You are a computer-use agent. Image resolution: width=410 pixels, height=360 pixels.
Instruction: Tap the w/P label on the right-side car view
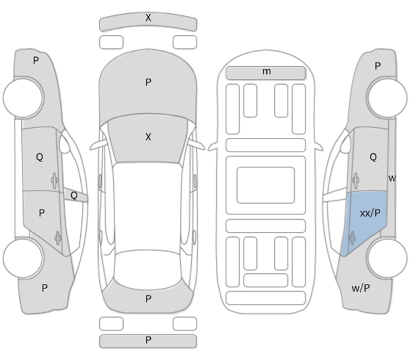tap(361, 288)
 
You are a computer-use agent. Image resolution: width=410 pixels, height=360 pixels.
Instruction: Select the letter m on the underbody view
tap(267, 71)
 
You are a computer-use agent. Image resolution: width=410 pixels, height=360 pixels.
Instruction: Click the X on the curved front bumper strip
tap(148, 18)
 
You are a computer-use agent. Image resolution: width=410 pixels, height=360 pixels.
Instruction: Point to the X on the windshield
tap(148, 137)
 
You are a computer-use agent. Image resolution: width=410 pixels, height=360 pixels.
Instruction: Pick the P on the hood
tap(148, 82)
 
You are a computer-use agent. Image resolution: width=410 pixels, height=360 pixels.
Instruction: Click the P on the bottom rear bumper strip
tap(148, 340)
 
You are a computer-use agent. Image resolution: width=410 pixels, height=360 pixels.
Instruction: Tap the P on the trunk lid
tap(148, 298)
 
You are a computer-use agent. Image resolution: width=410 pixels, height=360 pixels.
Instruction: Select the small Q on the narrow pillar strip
tap(74, 195)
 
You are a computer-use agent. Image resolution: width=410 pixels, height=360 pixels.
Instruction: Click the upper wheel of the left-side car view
tap(24, 98)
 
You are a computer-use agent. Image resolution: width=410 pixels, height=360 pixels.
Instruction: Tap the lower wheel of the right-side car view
tap(386, 258)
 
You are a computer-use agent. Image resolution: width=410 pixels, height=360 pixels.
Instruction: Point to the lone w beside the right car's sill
tap(392, 179)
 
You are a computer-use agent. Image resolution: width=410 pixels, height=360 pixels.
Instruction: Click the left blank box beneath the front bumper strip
tap(111, 42)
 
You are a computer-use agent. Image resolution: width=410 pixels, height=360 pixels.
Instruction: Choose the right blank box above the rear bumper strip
tap(184, 323)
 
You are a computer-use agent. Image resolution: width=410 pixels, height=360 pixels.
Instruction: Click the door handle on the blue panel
tap(352, 238)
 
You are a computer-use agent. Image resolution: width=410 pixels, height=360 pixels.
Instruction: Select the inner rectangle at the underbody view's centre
tap(266, 185)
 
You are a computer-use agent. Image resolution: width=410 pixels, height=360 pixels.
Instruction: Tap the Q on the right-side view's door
tap(373, 157)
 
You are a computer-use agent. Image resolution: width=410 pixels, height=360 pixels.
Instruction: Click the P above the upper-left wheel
tap(36, 61)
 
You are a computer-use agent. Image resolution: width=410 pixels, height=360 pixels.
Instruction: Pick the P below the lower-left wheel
tap(44, 288)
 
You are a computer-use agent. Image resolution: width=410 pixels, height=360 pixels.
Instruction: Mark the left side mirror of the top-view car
tap(97, 145)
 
